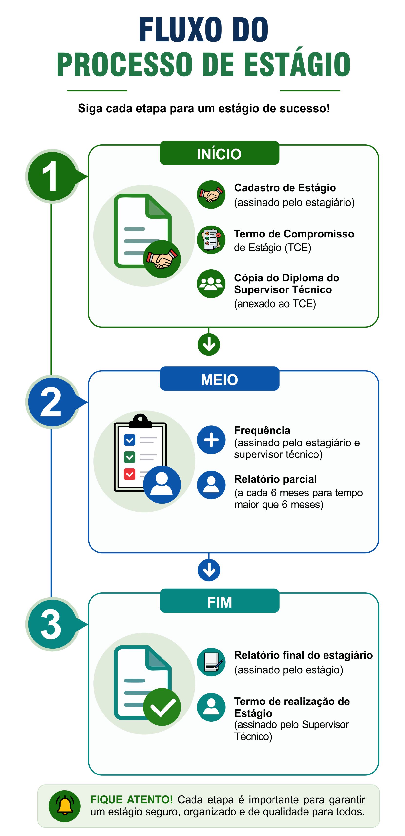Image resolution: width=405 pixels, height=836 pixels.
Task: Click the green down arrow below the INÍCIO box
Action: tap(209, 344)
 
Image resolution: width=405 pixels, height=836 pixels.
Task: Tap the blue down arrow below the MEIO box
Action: tap(209, 570)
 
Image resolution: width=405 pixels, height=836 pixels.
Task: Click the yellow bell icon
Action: tap(65, 805)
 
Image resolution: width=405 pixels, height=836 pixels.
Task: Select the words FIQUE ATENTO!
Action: tap(131, 799)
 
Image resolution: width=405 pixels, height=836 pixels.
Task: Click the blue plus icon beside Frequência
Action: tap(211, 440)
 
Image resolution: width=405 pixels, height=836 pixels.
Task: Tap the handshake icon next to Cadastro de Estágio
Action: tap(211, 195)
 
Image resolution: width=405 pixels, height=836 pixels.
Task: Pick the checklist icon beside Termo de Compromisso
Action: tap(211, 240)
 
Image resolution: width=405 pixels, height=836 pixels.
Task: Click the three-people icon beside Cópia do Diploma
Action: tap(211, 284)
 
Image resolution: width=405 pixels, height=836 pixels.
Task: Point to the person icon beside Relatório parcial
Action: tap(211, 485)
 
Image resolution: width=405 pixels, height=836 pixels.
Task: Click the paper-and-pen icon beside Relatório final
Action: tap(211, 662)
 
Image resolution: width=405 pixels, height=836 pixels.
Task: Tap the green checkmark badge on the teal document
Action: tap(162, 707)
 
